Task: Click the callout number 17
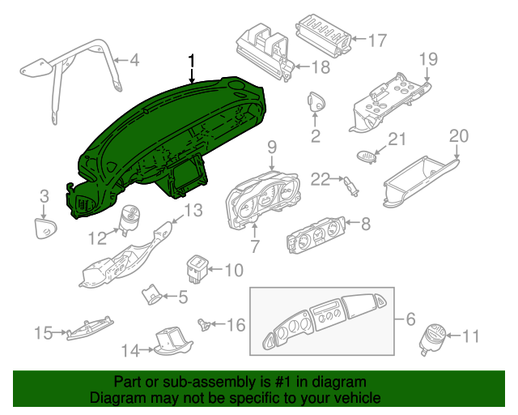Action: [377, 41]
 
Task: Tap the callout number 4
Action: [134, 60]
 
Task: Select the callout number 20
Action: [459, 136]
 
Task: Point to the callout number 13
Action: [193, 210]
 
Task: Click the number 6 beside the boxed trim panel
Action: [410, 319]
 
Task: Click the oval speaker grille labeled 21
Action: [367, 156]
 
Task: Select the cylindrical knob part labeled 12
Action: [129, 219]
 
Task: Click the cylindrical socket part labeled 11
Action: [432, 338]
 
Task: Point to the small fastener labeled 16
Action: [204, 324]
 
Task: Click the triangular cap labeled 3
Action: [45, 228]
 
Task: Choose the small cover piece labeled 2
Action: [316, 101]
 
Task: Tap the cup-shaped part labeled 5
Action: [151, 294]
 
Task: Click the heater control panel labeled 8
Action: [316, 234]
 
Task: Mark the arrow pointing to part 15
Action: [60, 332]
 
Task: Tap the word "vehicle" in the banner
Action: [360, 398]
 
